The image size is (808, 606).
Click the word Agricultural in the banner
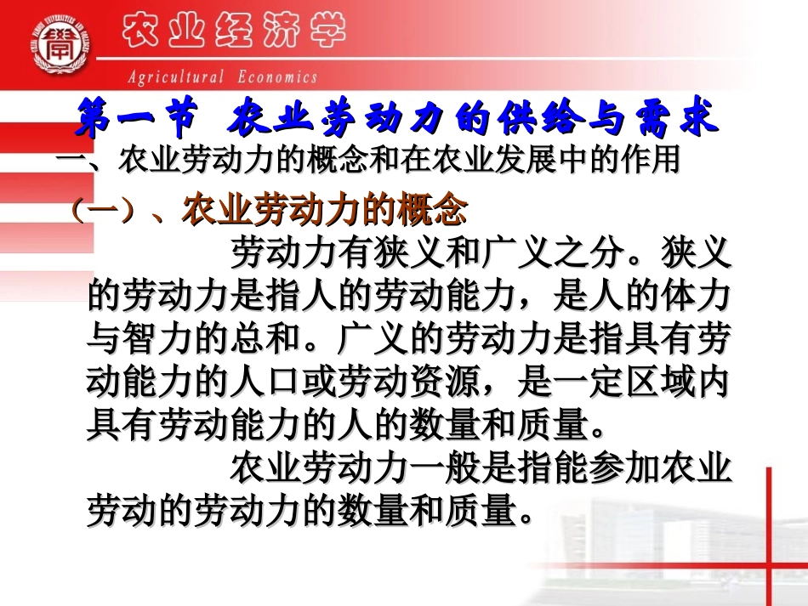click(176, 77)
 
